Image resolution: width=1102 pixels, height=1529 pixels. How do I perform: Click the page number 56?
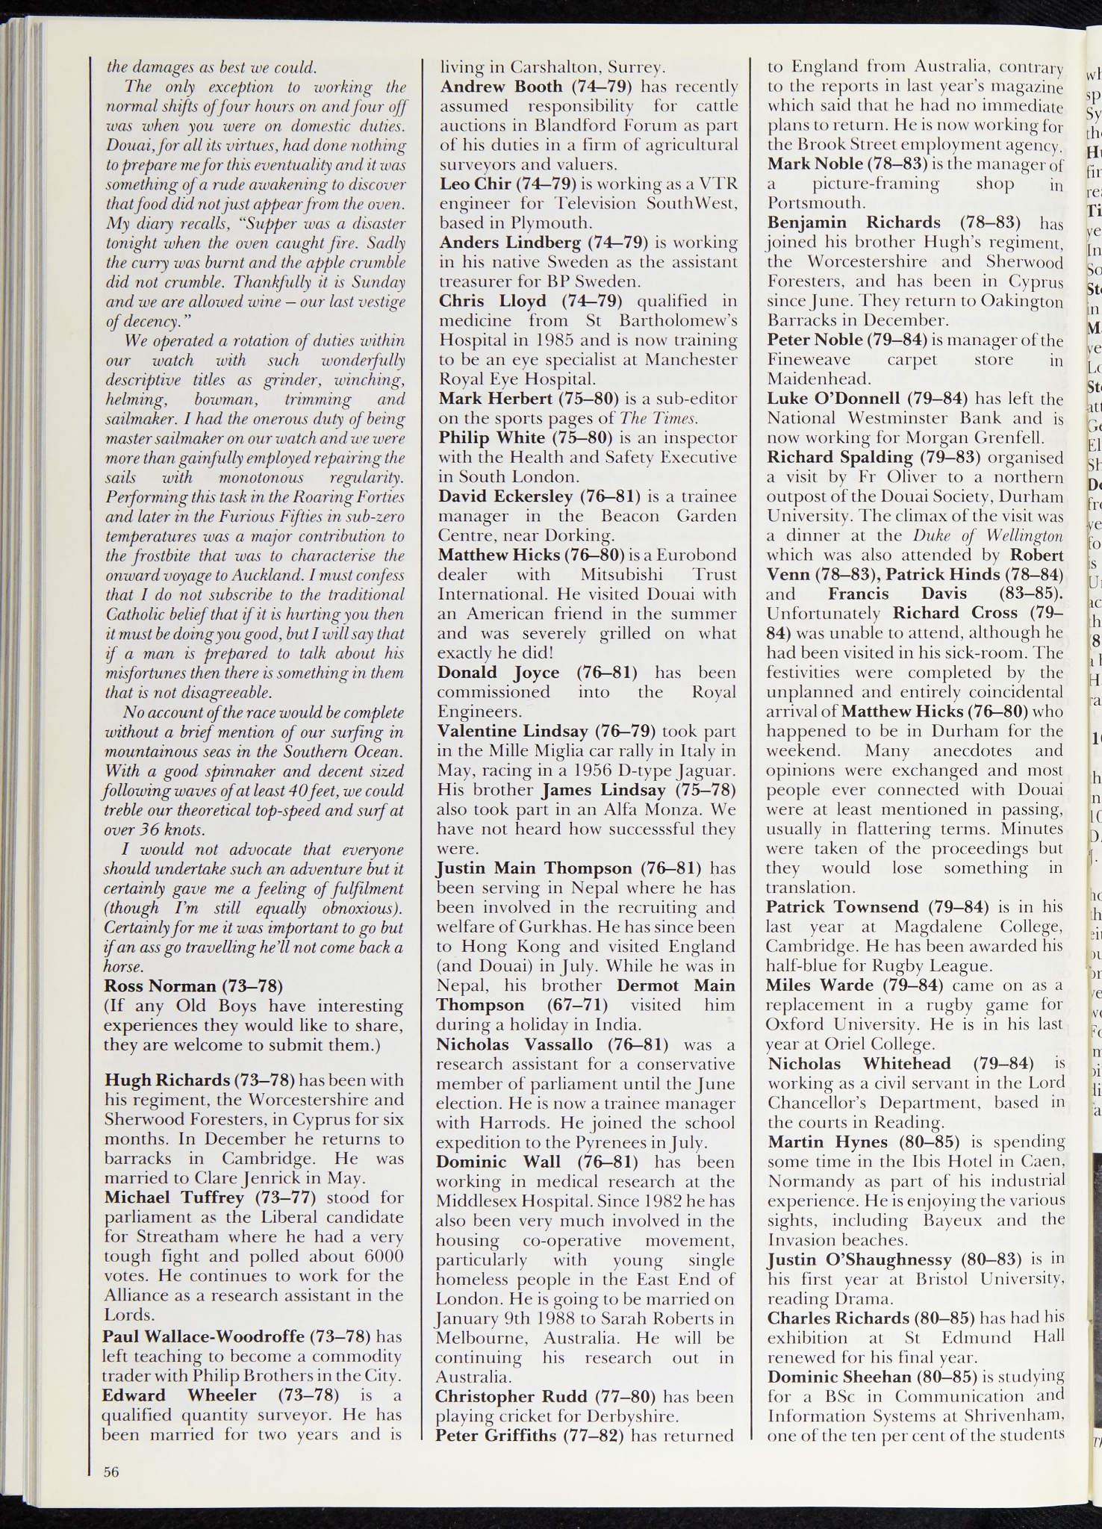[x=111, y=1472]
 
